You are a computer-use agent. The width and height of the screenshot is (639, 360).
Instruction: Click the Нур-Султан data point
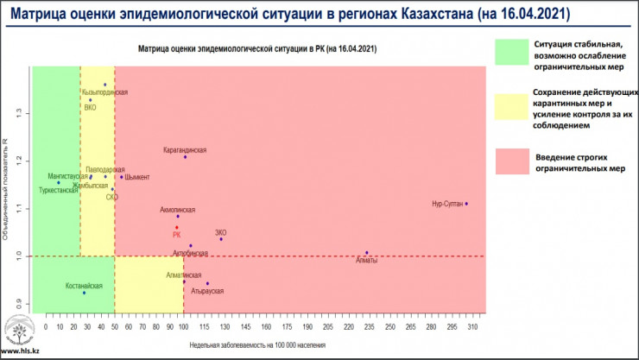466,204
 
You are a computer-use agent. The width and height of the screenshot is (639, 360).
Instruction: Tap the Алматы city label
366,261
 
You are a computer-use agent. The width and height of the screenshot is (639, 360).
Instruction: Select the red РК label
176,234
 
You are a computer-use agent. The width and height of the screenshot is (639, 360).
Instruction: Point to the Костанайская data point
84,293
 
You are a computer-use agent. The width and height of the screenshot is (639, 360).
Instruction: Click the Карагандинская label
185,149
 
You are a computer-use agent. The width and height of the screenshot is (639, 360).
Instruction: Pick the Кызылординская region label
105,92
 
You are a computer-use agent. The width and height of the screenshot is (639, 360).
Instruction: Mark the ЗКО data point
221,239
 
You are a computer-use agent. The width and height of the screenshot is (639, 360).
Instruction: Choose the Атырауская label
207,292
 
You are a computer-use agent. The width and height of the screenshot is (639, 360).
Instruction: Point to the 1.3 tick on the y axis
21,113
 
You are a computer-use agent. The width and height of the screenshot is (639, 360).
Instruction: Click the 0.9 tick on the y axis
21,303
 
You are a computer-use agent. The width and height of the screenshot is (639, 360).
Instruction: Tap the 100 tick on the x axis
183,328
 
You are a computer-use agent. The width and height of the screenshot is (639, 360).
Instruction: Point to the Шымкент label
137,178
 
